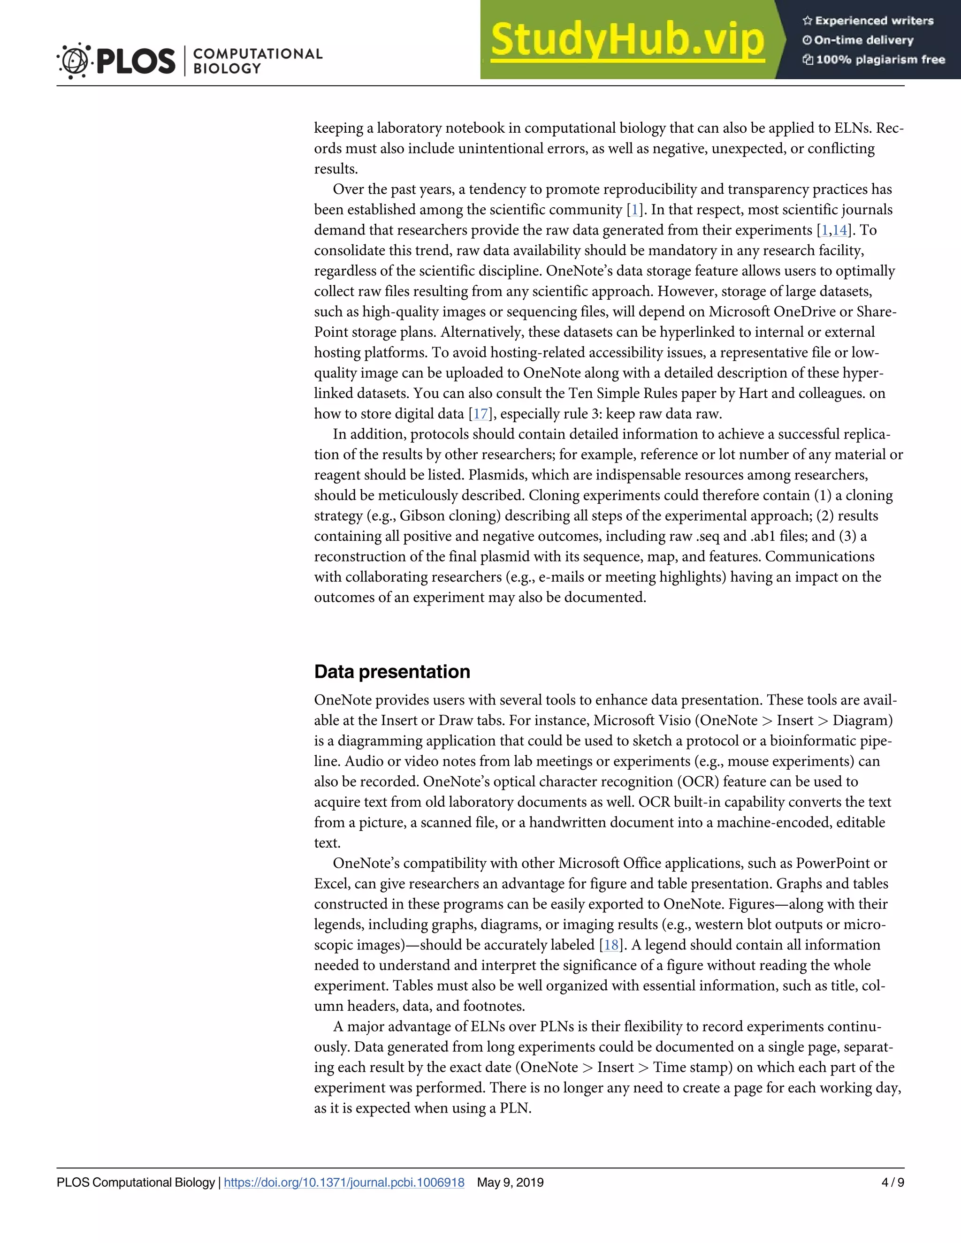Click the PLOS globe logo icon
coord(74,61)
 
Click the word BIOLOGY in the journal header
coord(227,69)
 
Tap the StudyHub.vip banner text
coord(627,40)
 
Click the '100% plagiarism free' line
coord(873,60)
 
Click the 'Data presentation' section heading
coord(392,672)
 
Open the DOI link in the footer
coord(344,1182)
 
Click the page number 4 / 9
coord(892,1182)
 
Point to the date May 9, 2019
coord(510,1182)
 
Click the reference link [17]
coord(480,414)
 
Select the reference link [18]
coord(611,945)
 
